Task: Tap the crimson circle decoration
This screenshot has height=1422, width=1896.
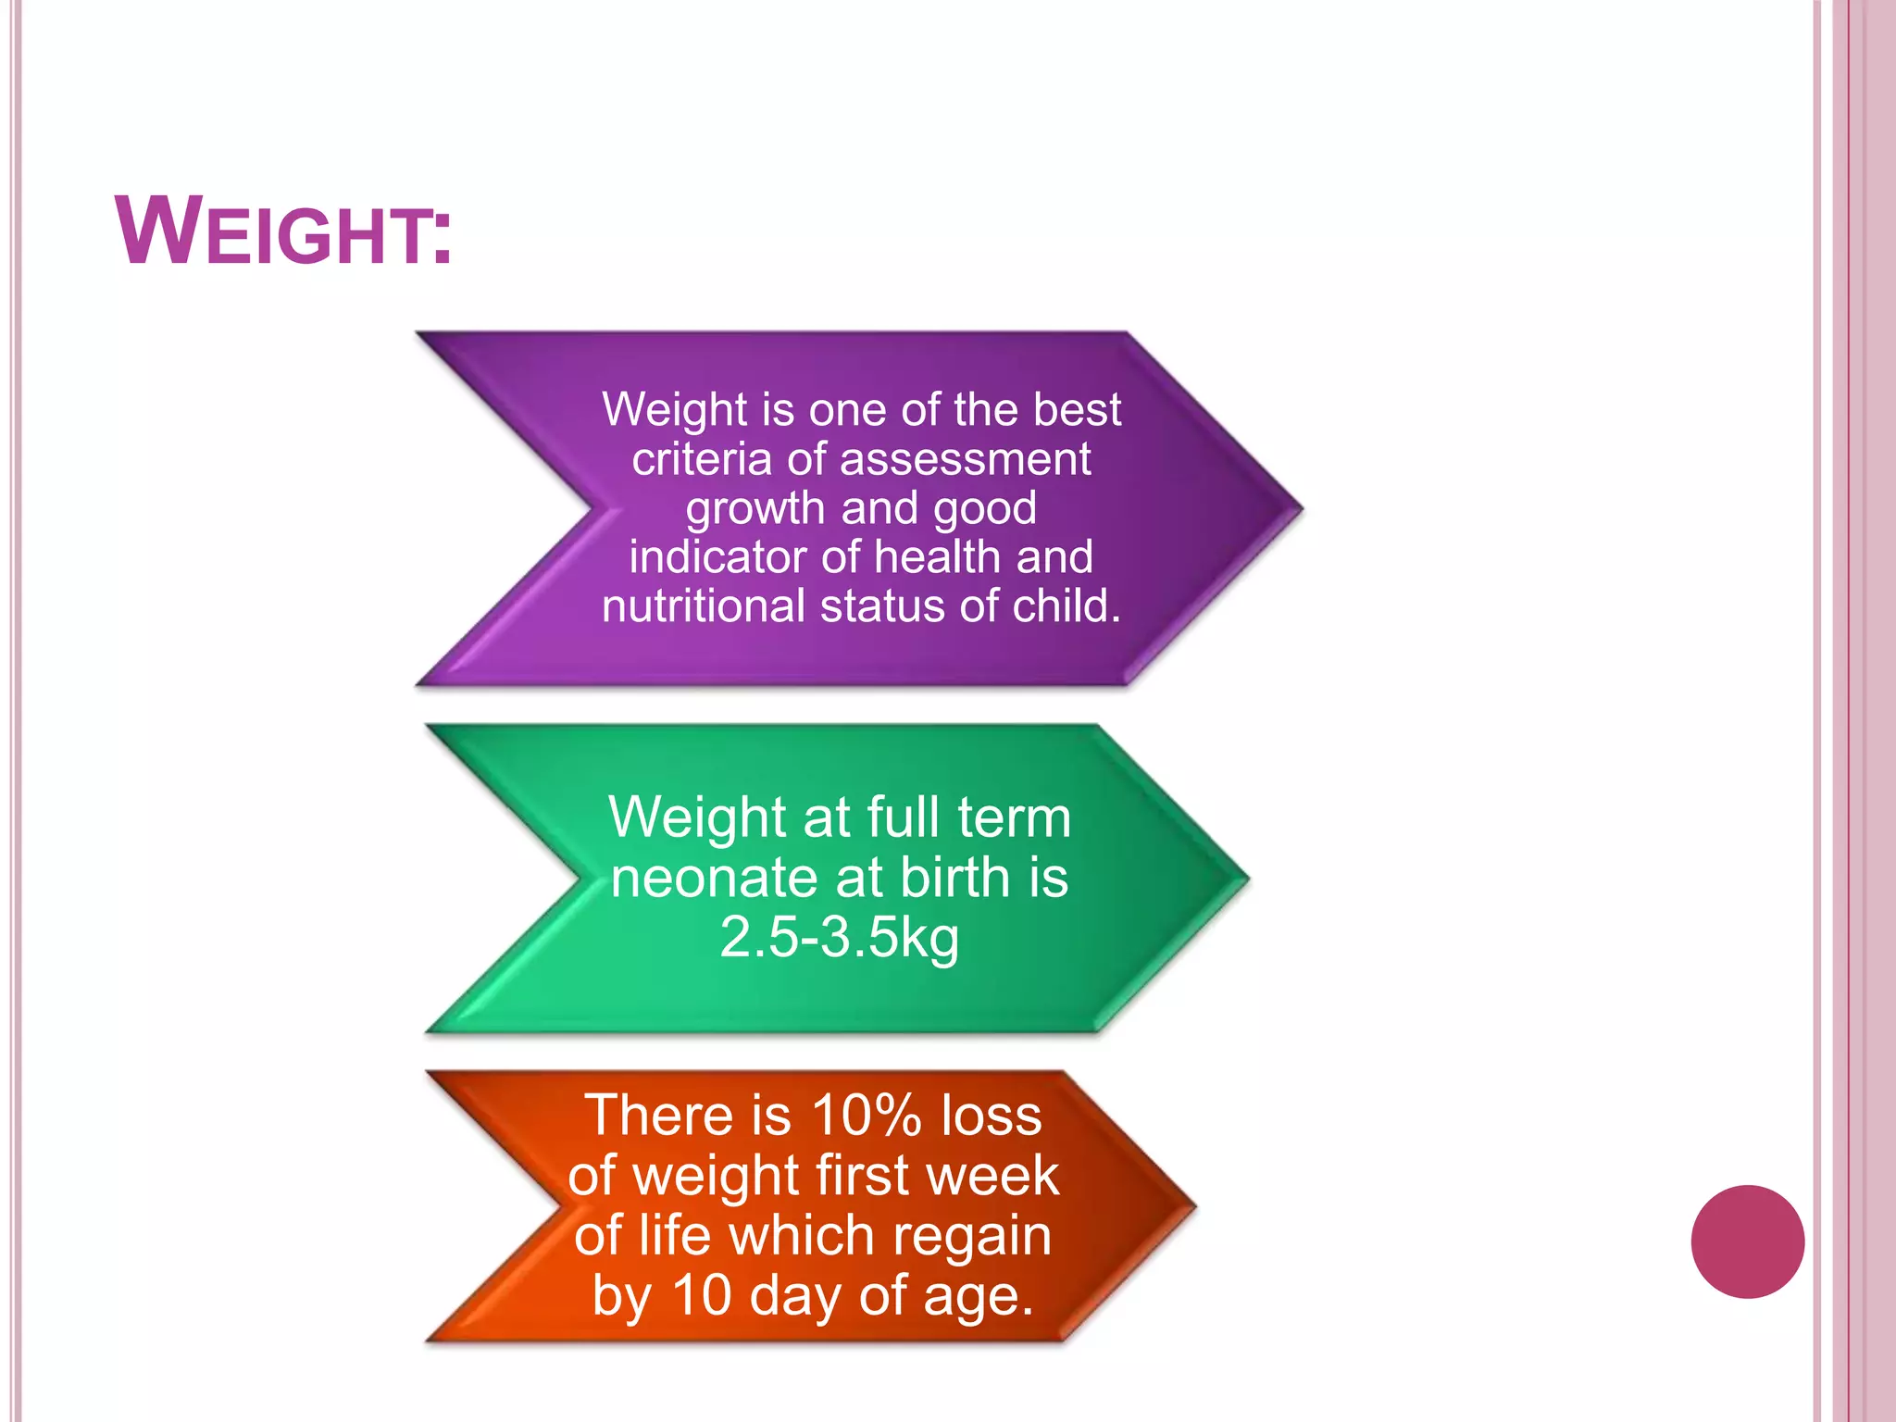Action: click(1747, 1241)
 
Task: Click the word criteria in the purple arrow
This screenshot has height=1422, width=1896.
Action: click(702, 459)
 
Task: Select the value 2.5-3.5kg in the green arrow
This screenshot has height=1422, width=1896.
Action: click(839, 937)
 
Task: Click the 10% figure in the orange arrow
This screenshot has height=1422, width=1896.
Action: click(866, 1115)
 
